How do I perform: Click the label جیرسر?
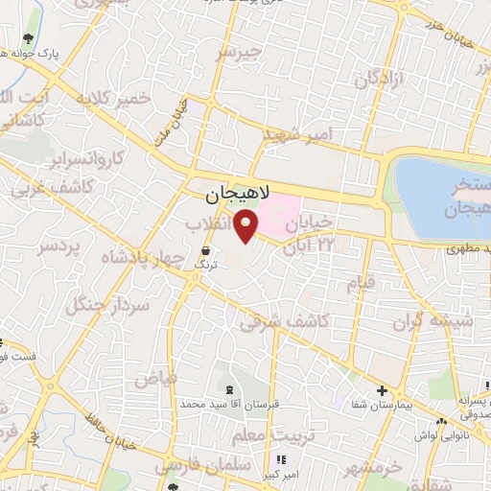click(x=239, y=53)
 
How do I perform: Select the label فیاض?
click(x=156, y=378)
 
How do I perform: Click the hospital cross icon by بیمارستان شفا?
click(x=382, y=390)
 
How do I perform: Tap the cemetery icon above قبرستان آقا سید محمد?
click(x=229, y=388)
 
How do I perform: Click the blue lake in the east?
click(x=441, y=192)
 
